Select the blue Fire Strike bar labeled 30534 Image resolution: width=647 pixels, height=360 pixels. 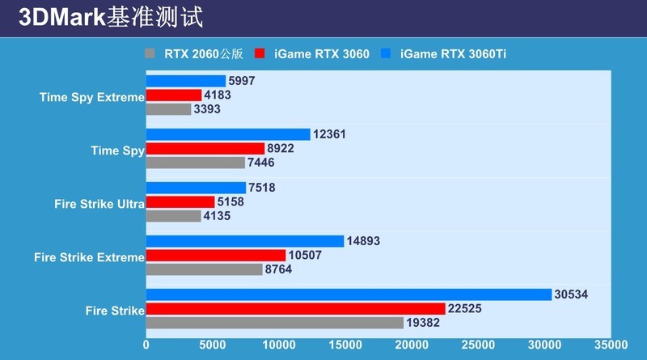pyautogui.click(x=349, y=294)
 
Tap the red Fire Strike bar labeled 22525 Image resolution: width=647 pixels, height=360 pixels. pyautogui.click(x=295, y=308)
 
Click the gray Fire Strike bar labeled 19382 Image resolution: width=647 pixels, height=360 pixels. pyautogui.click(x=274, y=322)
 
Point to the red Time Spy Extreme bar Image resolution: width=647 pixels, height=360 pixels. pyautogui.click(x=174, y=95)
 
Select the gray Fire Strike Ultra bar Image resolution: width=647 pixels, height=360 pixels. pyautogui.click(x=173, y=216)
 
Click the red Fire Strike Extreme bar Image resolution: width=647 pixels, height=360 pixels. pyautogui.click(x=216, y=255)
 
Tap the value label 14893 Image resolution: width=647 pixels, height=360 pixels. pyautogui.click(x=364, y=241)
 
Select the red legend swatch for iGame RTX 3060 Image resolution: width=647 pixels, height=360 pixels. pyautogui.click(x=260, y=54)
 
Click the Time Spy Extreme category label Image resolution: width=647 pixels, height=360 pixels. pyautogui.click(x=91, y=97)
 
